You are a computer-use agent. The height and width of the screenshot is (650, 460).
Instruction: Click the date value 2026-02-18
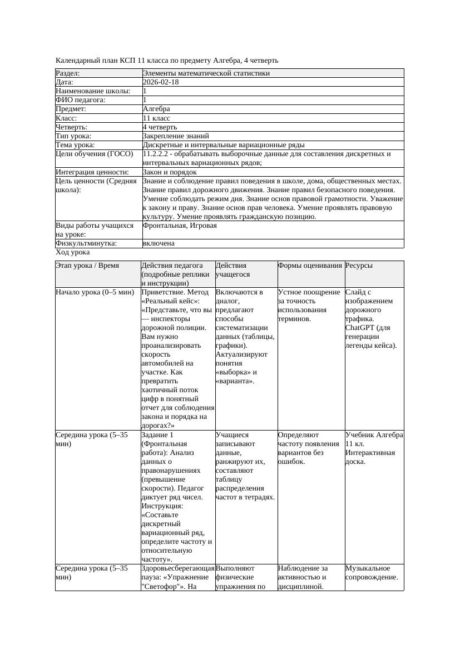[x=161, y=82]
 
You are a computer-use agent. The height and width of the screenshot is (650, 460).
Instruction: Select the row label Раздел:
[x=68, y=73]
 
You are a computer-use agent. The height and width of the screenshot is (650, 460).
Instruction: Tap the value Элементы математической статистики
[x=206, y=73]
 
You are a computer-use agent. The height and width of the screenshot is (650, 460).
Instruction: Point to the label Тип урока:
[x=73, y=136]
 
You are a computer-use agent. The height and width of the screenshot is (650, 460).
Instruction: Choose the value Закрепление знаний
[x=176, y=136]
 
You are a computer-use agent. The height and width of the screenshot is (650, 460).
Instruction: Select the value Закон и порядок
[x=170, y=172]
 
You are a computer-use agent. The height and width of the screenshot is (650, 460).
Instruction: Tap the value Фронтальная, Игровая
[x=180, y=226]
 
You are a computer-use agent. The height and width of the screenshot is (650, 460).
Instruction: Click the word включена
[x=159, y=244]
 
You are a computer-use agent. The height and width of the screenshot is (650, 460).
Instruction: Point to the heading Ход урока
[x=72, y=252]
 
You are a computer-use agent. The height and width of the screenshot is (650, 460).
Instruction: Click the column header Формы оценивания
[x=310, y=266]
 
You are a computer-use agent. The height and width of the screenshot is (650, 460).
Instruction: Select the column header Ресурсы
[x=359, y=266]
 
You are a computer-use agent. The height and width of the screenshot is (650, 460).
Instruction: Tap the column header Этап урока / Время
[x=87, y=266]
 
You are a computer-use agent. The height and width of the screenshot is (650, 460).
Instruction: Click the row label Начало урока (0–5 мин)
[x=95, y=292]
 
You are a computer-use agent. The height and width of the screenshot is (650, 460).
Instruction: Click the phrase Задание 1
[x=158, y=436]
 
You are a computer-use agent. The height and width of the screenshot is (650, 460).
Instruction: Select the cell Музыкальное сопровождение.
[x=371, y=573]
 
